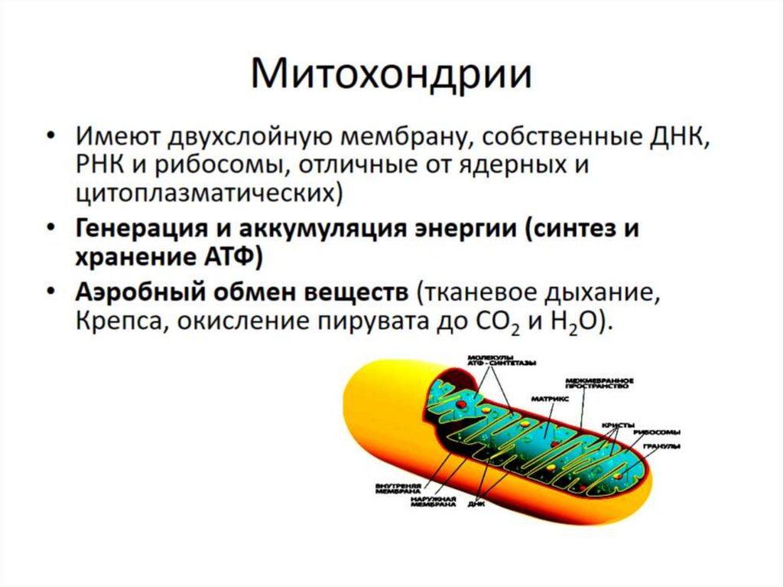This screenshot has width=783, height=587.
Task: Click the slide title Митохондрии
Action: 391,77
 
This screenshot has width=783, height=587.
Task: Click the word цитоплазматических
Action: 206,193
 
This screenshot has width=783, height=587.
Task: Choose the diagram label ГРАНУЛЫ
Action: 662,446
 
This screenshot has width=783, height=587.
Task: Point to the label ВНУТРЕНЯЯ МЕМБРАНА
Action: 399,488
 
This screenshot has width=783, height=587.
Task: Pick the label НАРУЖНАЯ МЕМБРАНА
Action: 433,502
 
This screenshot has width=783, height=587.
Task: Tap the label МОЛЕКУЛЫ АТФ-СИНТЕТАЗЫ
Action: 500,360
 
